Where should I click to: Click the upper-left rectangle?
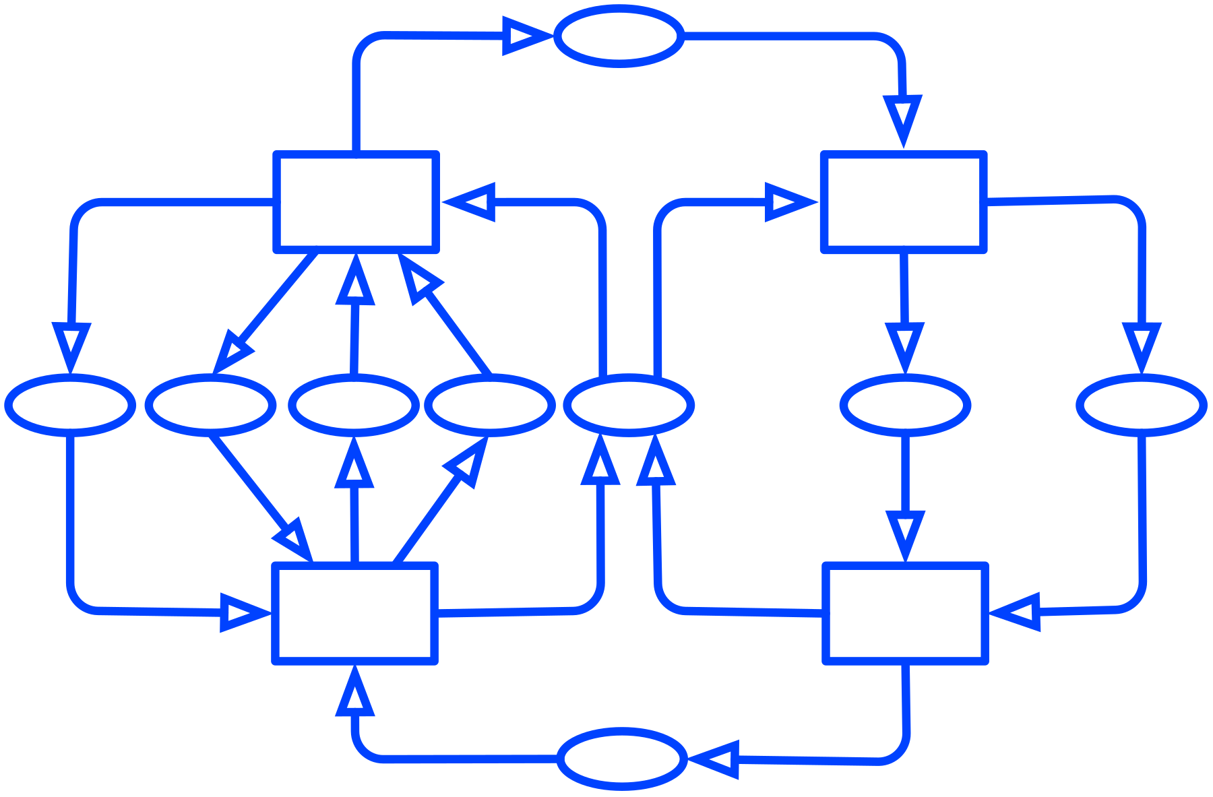tap(356, 202)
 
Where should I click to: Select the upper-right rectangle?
tap(904, 202)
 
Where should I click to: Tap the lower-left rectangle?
tap(354, 613)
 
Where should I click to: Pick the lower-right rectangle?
tap(905, 613)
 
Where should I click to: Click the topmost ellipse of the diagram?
tap(619, 36)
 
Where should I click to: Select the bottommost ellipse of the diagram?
tap(622, 759)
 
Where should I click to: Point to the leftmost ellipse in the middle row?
tap(70, 405)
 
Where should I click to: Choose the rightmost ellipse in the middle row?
tap(1142, 405)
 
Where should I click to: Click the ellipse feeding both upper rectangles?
tap(629, 405)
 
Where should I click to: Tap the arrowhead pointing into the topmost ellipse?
tap(526, 36)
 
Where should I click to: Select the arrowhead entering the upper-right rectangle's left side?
tap(788, 202)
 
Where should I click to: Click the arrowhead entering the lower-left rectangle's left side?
tap(243, 613)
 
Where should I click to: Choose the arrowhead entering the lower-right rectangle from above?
tap(906, 535)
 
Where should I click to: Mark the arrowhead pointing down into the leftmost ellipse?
tap(71, 346)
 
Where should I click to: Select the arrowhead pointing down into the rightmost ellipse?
tap(1142, 346)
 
